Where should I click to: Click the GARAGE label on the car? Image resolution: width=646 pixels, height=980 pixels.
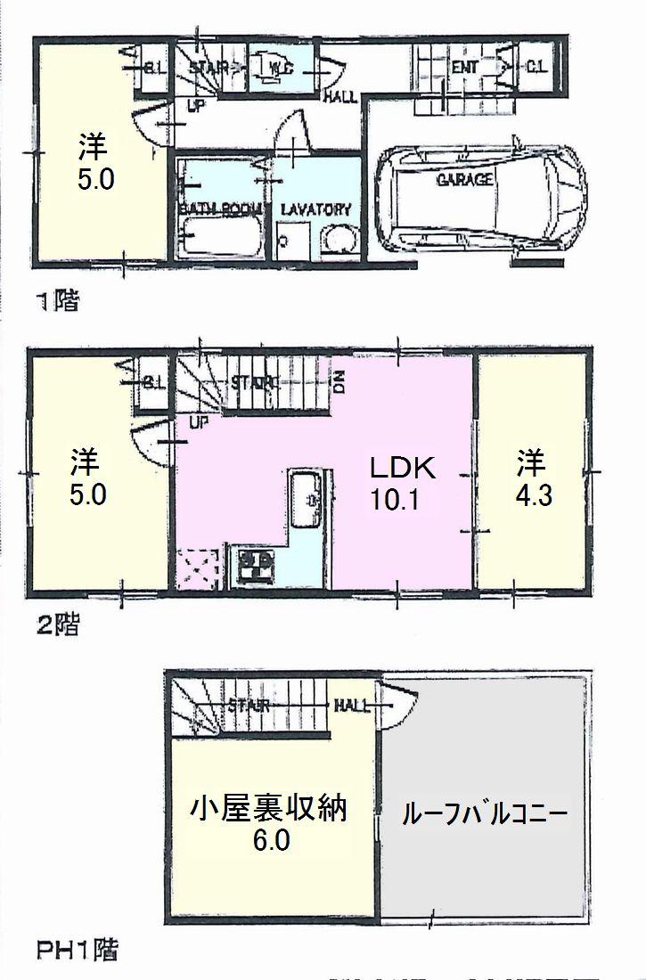(x=464, y=180)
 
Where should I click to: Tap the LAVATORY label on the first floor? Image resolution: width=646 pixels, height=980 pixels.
(x=315, y=209)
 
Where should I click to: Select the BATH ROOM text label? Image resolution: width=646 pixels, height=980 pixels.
(x=220, y=209)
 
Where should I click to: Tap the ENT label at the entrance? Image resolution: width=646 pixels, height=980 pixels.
(x=464, y=67)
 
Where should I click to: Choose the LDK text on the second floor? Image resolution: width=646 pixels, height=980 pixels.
(x=402, y=466)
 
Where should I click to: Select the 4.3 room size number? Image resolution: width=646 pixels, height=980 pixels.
(x=532, y=495)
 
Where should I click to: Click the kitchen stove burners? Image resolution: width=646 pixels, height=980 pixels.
(x=257, y=565)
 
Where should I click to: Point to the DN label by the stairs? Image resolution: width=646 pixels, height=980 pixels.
(x=339, y=385)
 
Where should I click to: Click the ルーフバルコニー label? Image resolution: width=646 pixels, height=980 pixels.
(x=485, y=813)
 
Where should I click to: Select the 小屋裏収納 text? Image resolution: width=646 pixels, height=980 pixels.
(x=268, y=810)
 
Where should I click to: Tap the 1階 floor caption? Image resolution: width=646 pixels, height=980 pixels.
(x=57, y=301)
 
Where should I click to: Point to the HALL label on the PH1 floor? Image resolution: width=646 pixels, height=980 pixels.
(x=353, y=706)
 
